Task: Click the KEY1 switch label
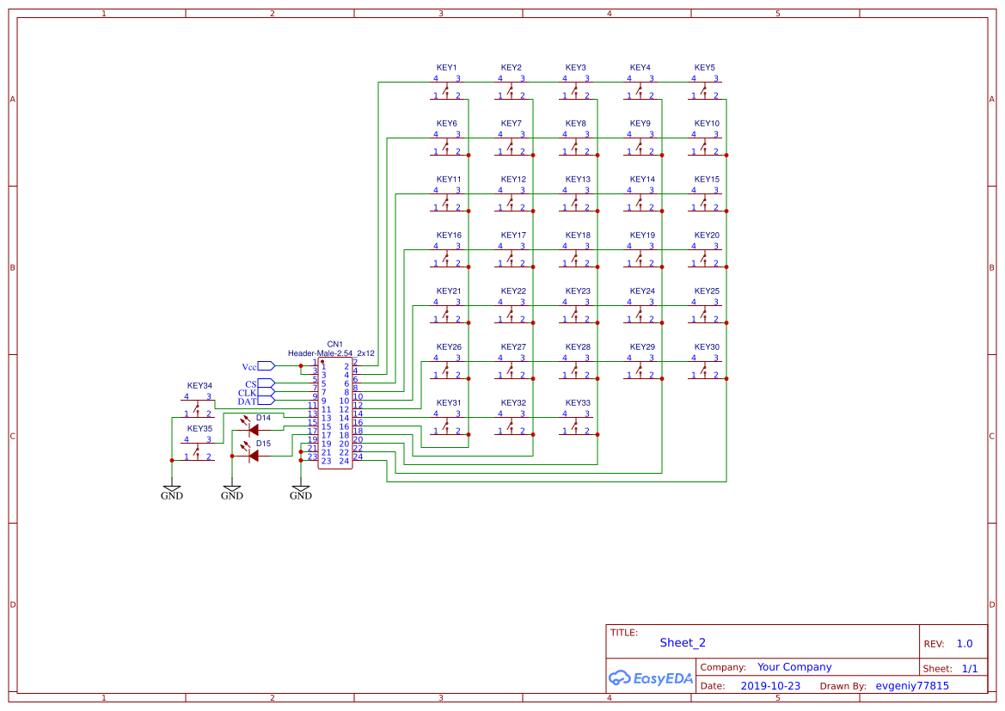coord(446,68)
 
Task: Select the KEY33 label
coord(578,403)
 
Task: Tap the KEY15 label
coord(707,180)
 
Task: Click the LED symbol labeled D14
coord(253,430)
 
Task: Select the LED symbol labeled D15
coord(253,456)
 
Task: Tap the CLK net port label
coord(248,393)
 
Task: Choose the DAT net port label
coord(248,401)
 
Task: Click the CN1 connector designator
coord(335,344)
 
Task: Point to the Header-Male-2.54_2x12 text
coord(331,353)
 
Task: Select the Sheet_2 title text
coord(683,642)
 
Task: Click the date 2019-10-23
coord(770,686)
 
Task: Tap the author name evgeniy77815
coord(912,686)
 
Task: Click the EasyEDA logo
coord(651,677)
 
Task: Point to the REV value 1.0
coord(965,644)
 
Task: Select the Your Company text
coord(794,667)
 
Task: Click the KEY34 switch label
coord(199,386)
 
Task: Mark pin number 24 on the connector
coord(343,462)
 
